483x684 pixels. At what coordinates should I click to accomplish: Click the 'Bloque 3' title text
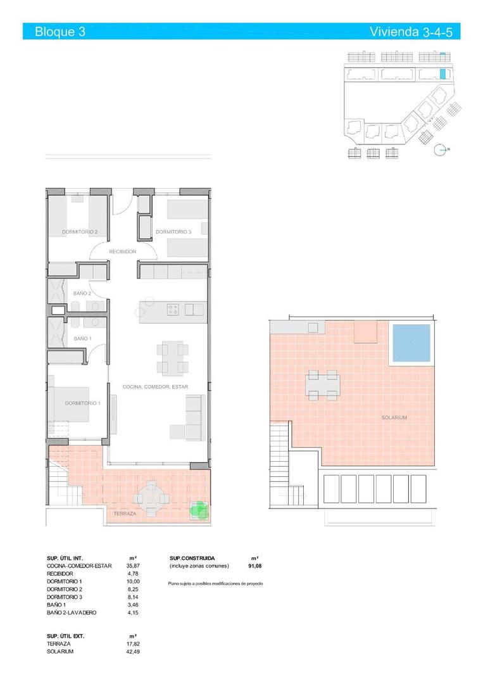[x=60, y=32]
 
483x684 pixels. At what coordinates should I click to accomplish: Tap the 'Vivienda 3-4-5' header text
[x=415, y=32]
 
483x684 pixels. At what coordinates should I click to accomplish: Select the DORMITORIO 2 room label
[x=80, y=232]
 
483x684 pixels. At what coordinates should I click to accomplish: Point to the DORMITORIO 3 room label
[x=173, y=232]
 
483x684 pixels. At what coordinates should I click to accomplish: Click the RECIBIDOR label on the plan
[x=123, y=251]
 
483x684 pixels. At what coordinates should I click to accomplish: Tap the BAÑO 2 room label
[x=83, y=293]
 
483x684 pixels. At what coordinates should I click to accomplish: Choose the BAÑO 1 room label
[x=83, y=339]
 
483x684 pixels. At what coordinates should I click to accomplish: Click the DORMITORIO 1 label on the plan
[x=83, y=403]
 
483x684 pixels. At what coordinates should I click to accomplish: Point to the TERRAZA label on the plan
[x=125, y=514]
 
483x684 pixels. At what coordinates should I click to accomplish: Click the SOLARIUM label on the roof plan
[x=394, y=418]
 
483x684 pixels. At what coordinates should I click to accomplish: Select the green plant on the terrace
[x=199, y=509]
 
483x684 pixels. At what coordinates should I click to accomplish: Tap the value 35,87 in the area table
[x=132, y=566]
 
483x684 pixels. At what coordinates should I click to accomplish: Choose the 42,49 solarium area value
[x=132, y=651]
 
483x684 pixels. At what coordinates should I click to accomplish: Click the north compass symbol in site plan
[x=441, y=149]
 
